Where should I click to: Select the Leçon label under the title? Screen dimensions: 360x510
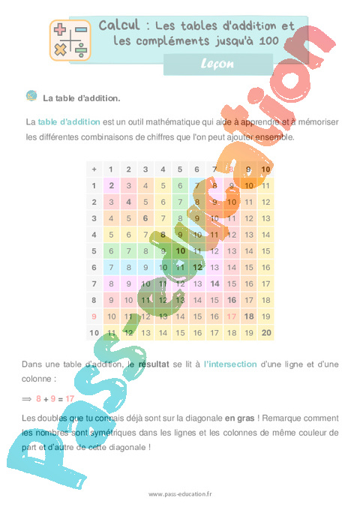tap(218, 64)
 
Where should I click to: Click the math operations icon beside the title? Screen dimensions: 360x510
tap(69, 40)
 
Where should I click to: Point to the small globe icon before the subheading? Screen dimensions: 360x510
tap(31, 96)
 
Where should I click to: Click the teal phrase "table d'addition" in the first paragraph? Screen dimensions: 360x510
tap(64, 121)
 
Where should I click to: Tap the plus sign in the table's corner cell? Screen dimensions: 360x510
tap(94, 169)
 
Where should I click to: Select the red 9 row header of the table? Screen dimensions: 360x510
tap(94, 316)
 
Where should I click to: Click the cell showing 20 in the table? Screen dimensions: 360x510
tap(265, 333)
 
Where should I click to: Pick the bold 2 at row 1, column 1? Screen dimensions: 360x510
tap(111, 185)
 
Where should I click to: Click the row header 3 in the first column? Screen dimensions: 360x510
tap(94, 218)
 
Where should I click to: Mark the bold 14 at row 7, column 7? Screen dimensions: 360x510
tap(214, 283)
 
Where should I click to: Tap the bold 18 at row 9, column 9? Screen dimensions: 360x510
tap(248, 316)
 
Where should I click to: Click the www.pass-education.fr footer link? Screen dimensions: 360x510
tap(181, 494)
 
